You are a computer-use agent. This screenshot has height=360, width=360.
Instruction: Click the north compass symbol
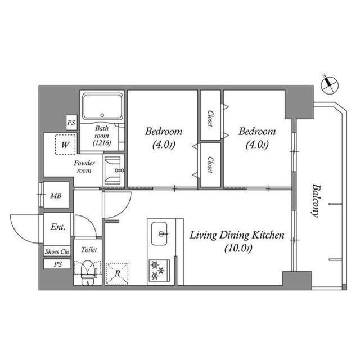click(x=330, y=84)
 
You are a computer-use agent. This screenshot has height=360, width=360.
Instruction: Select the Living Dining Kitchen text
click(x=237, y=235)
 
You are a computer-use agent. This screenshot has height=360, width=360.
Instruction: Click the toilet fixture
click(x=88, y=273)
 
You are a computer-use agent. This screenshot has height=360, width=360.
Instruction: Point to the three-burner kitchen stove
click(x=159, y=271)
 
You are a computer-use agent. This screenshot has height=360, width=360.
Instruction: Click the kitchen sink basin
click(x=159, y=233)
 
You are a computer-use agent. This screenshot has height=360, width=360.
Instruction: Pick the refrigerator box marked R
click(x=118, y=273)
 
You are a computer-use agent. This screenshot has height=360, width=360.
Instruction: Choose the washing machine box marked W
click(x=65, y=145)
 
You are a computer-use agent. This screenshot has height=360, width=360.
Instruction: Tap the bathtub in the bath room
click(x=102, y=107)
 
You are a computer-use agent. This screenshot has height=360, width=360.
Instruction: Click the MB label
click(x=56, y=196)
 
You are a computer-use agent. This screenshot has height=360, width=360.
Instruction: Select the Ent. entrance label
click(x=58, y=227)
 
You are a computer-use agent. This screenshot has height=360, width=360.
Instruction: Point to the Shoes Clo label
click(x=57, y=251)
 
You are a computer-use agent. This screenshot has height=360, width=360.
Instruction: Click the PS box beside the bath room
click(x=71, y=123)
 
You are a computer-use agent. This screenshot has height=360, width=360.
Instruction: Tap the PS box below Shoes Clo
click(x=57, y=264)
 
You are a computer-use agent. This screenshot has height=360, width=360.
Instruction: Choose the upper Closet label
click(x=210, y=118)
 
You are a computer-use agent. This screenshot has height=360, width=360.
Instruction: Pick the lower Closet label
click(x=210, y=164)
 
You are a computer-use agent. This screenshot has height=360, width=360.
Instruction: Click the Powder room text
click(x=84, y=166)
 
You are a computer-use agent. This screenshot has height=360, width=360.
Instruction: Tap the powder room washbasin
click(x=114, y=170)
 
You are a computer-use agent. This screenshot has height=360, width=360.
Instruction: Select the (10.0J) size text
click(x=238, y=248)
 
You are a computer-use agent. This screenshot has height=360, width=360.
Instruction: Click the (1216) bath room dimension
click(x=102, y=143)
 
